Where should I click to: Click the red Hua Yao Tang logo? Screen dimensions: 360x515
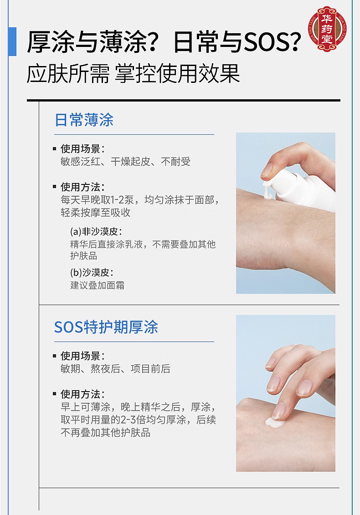click(327, 29)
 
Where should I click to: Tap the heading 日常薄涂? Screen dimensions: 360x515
click(84, 120)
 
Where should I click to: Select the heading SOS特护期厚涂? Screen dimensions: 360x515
click(106, 327)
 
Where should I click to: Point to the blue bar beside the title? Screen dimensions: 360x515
click(12, 42)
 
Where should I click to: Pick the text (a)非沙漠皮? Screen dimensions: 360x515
click(96, 232)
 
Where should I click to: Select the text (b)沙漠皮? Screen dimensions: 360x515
click(92, 272)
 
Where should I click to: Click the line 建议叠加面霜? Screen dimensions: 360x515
click(98, 285)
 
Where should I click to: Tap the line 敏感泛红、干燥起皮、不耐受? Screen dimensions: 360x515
click(125, 162)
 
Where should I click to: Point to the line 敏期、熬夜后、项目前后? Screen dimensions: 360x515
click(115, 369)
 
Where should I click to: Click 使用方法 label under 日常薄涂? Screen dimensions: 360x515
click(82, 187)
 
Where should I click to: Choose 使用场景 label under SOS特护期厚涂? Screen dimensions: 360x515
click(82, 356)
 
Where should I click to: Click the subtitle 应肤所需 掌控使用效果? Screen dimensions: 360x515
click(134, 74)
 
